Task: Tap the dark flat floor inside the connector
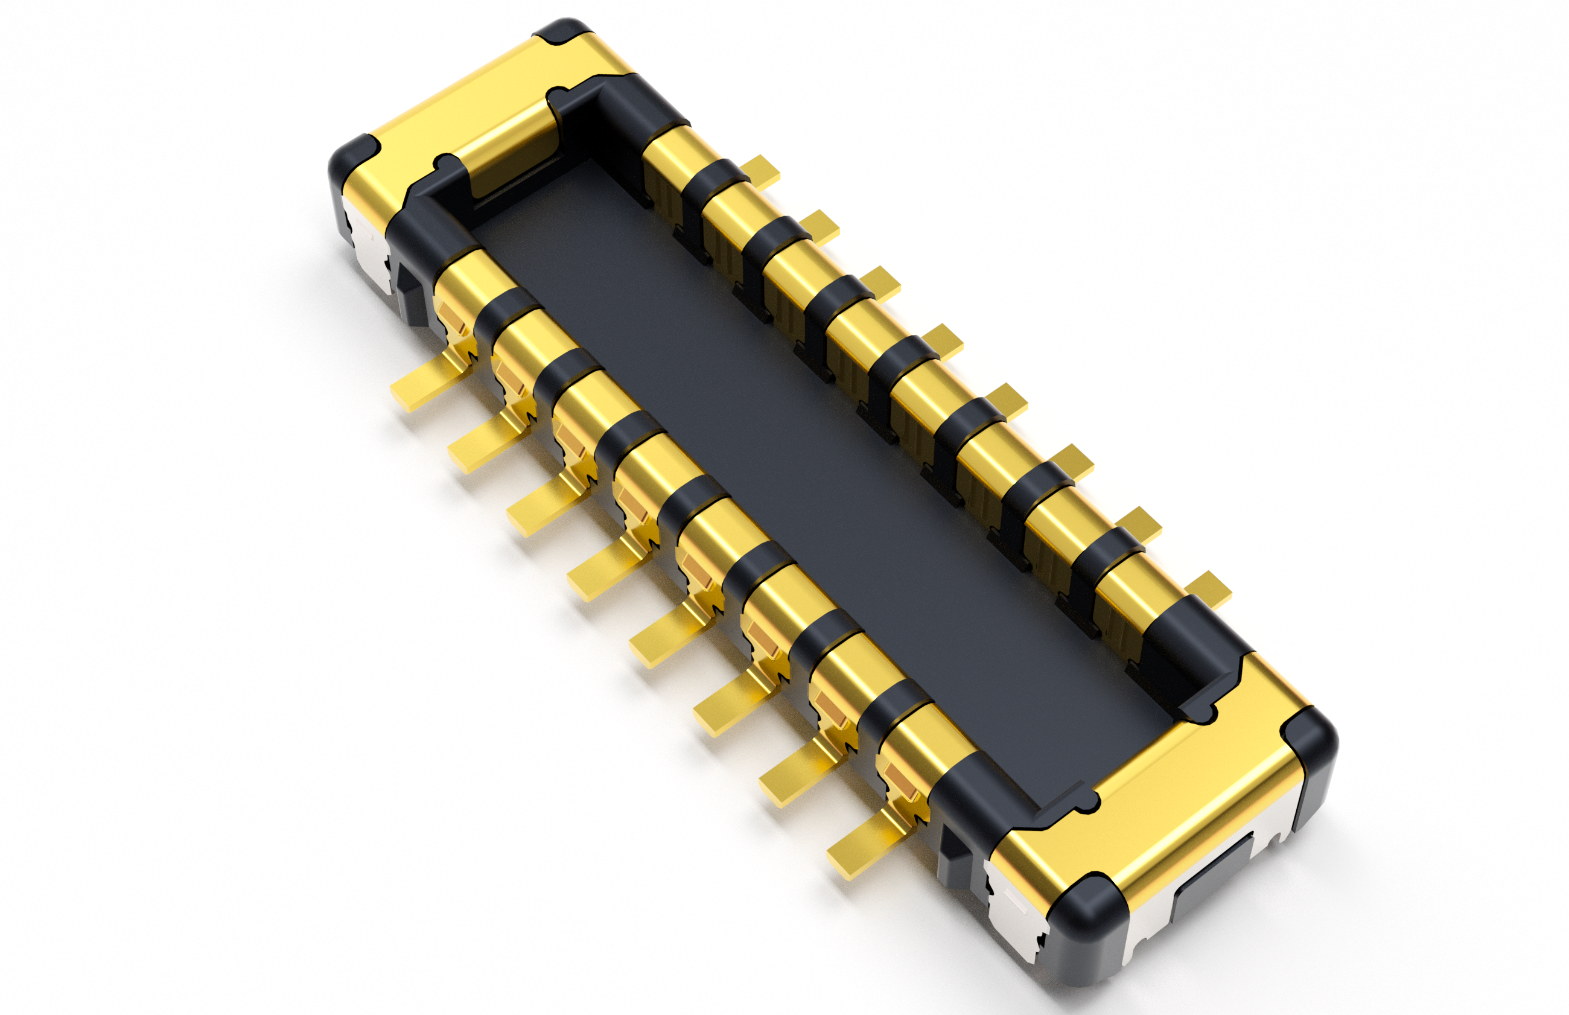click(791, 462)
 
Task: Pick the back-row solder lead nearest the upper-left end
click(761, 169)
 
